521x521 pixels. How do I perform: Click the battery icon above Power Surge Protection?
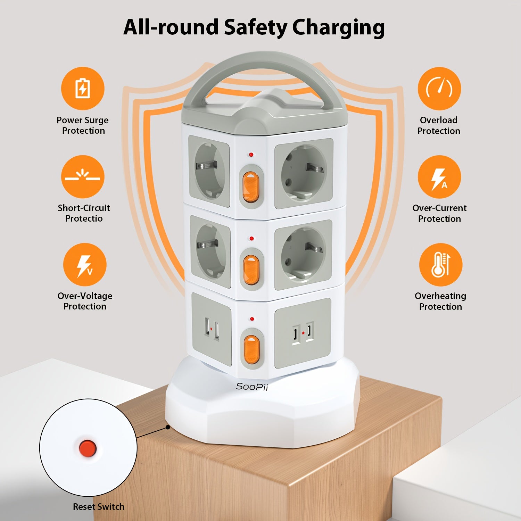tap(83, 89)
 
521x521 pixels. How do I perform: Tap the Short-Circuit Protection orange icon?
tap(83, 177)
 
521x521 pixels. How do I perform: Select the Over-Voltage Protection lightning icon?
tap(84, 265)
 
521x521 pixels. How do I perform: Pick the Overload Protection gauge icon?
tap(439, 89)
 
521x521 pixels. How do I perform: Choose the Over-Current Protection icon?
tap(439, 177)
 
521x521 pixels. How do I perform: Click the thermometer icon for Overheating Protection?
tap(440, 265)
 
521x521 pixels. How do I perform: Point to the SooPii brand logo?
tap(252, 387)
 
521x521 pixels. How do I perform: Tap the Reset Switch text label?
tap(99, 507)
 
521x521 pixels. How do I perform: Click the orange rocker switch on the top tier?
tap(250, 187)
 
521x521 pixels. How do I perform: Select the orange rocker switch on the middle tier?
tap(251, 270)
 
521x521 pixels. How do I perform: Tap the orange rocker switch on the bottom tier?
tap(251, 350)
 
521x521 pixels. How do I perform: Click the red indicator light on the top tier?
tap(251, 155)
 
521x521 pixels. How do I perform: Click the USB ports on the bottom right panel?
tap(303, 333)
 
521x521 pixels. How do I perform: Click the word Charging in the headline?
tap(338, 28)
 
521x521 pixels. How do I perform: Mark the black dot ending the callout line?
tap(168, 427)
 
